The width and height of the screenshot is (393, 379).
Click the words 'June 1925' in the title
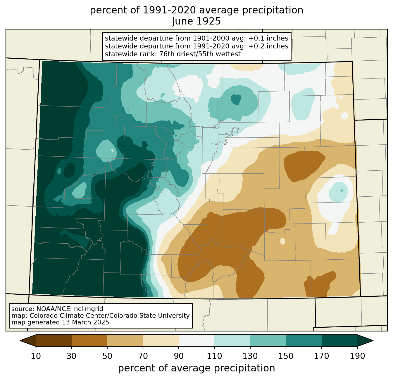click(x=196, y=21)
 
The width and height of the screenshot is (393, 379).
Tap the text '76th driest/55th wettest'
click(x=200, y=54)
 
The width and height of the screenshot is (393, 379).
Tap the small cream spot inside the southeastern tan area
click(x=282, y=241)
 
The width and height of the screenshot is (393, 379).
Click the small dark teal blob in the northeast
click(x=236, y=99)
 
